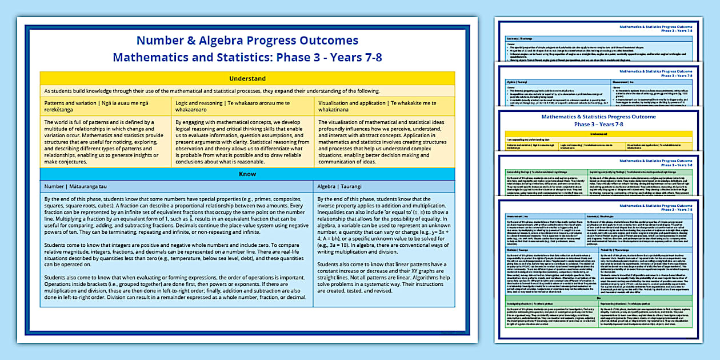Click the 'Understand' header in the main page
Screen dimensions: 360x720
(x=247, y=78)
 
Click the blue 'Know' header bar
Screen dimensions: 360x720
(x=247, y=174)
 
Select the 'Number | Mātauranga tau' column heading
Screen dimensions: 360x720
(x=77, y=186)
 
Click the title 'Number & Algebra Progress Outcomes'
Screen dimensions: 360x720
(x=247, y=41)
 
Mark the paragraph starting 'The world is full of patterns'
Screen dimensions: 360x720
(x=106, y=141)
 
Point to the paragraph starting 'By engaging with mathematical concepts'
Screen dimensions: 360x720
(x=243, y=141)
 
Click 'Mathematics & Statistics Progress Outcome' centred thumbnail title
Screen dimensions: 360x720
(x=598, y=120)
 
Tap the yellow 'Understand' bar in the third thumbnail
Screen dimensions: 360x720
(x=598, y=133)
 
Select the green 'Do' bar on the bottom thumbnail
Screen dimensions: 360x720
(x=598, y=299)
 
